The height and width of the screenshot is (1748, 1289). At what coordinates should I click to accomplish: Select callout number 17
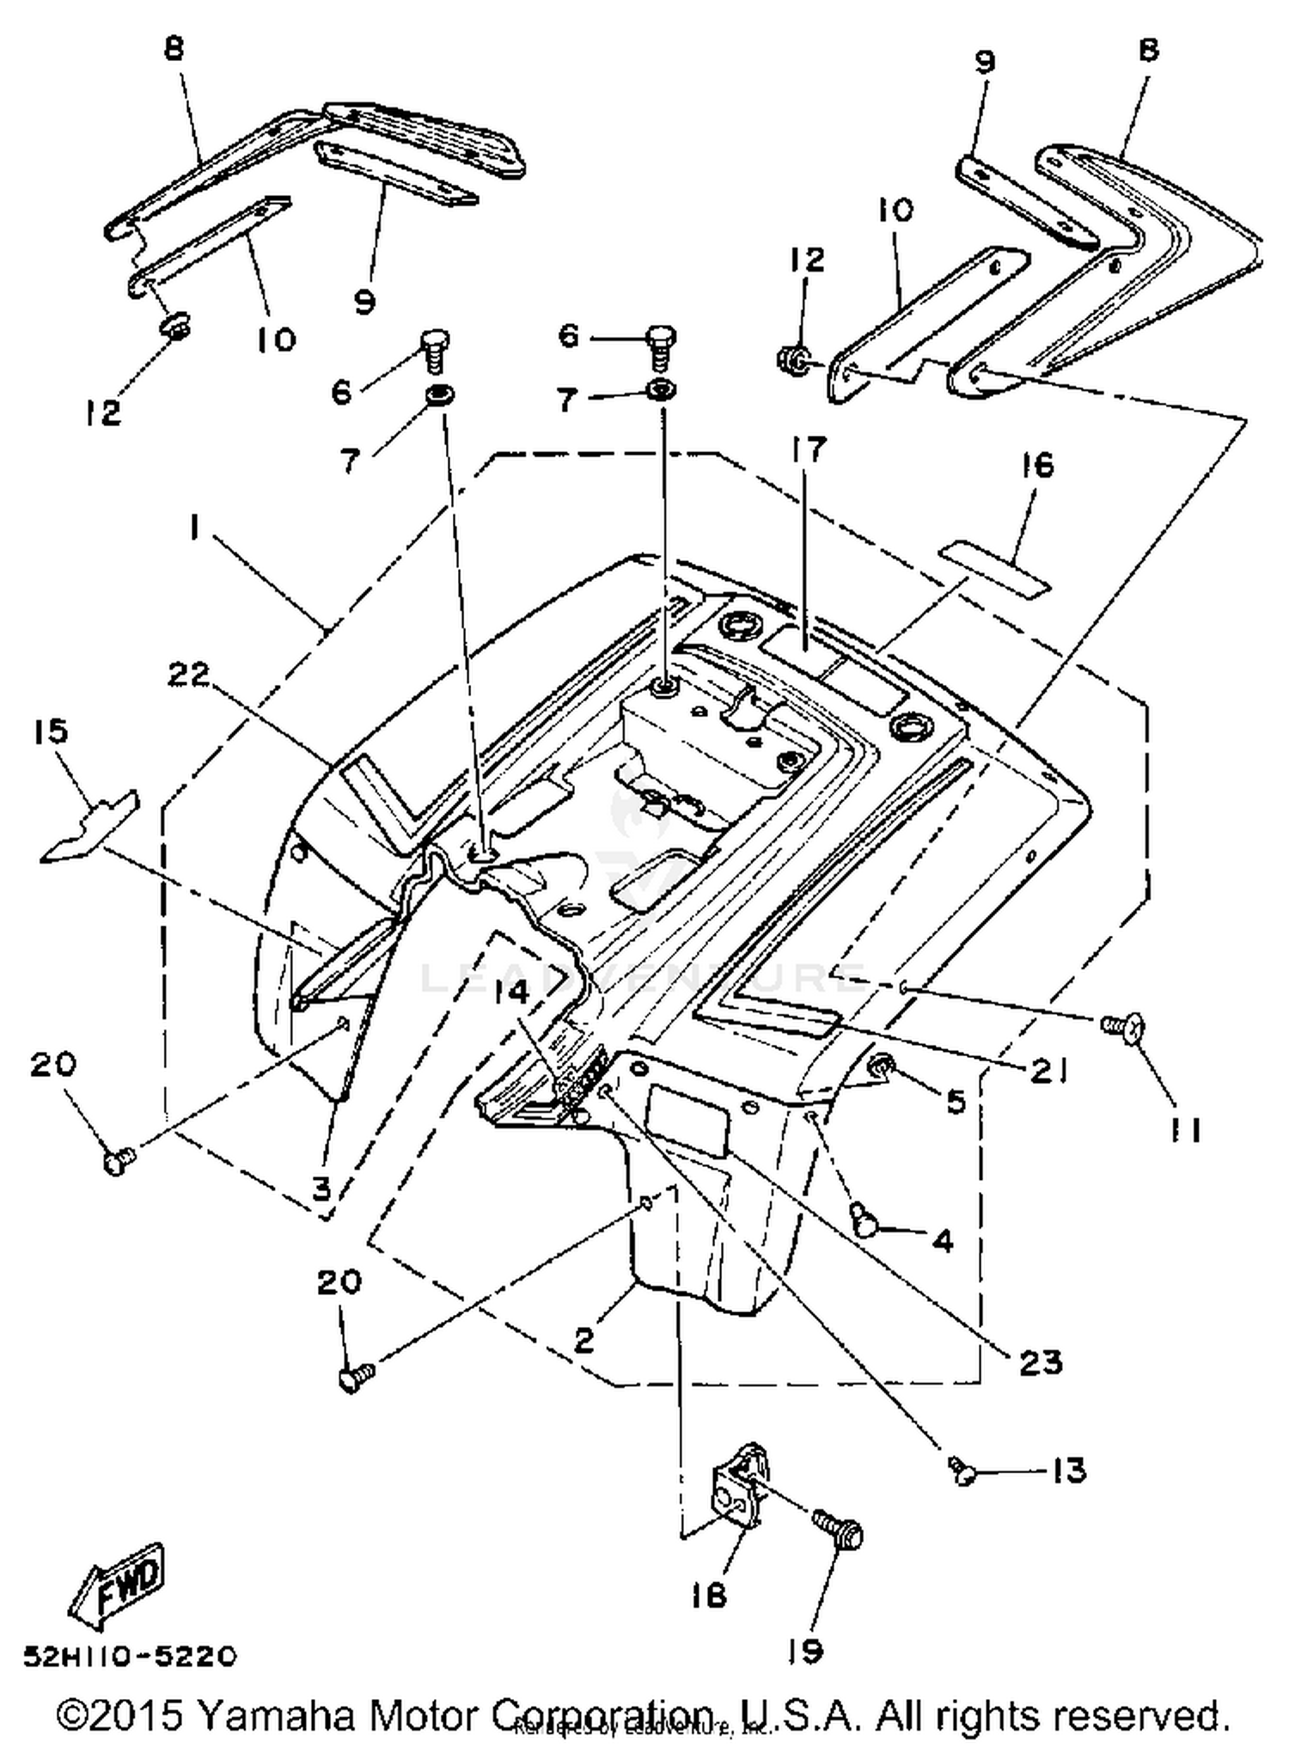(808, 449)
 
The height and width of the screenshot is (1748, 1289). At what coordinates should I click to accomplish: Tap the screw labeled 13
(962, 1472)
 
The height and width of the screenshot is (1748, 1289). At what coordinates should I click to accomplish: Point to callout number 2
(584, 1340)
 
